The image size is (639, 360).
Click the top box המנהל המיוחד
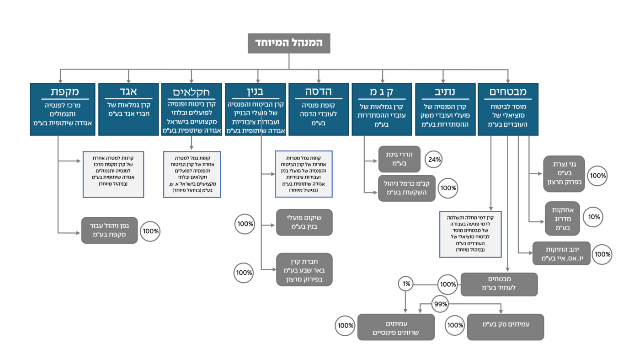288,43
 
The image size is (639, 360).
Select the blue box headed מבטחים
508,109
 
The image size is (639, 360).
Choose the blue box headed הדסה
318,109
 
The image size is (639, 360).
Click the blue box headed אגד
128,109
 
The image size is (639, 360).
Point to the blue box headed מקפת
62,109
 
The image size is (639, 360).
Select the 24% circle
435,159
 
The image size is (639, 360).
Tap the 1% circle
406,284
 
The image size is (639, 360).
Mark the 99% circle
441,304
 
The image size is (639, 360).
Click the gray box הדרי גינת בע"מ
396,159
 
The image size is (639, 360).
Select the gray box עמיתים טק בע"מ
505,327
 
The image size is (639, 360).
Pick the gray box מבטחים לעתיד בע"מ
499,284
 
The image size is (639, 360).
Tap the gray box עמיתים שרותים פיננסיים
396,327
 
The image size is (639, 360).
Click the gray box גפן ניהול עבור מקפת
109,230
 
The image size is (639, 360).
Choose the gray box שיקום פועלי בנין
304,222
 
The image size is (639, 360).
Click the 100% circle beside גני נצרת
598,176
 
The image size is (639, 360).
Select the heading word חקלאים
191,92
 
